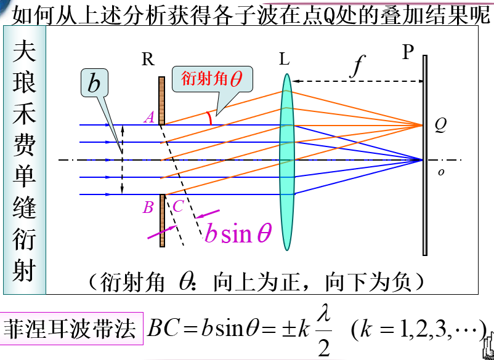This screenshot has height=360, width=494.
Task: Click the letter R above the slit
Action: pyautogui.click(x=148, y=60)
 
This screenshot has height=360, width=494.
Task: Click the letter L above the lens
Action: pyautogui.click(x=284, y=60)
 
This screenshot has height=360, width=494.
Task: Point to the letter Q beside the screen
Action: pyautogui.click(x=440, y=124)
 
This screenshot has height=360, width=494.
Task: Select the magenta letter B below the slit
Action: pyautogui.click(x=148, y=207)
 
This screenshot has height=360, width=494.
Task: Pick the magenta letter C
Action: pyautogui.click(x=177, y=207)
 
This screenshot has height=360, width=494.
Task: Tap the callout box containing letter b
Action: pyautogui.click(x=94, y=84)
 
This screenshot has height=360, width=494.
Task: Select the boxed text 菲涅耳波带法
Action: pyautogui.click(x=70, y=329)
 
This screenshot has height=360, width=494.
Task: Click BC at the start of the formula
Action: pyautogui.click(x=161, y=329)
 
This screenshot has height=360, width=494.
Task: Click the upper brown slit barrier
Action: pyautogui.click(x=161, y=100)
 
